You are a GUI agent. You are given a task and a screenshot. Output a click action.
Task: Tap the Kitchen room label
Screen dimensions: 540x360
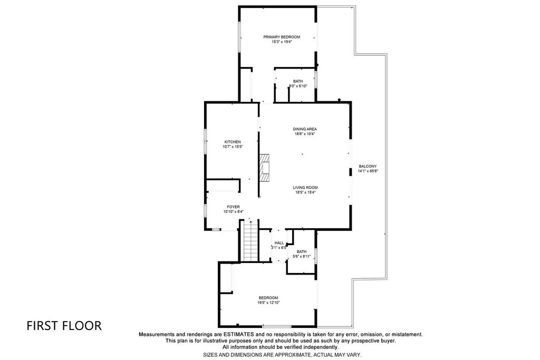pos(233,142)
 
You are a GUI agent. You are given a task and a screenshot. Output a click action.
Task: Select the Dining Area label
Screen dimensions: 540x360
pos(305,129)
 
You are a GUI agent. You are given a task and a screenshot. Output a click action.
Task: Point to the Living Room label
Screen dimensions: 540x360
pos(305,188)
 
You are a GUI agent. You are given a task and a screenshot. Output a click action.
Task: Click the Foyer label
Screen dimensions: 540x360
pos(233,207)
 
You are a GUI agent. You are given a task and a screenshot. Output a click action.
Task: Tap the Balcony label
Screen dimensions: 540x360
pos(368,166)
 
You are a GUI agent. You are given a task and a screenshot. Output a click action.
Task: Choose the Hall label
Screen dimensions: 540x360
pos(279,243)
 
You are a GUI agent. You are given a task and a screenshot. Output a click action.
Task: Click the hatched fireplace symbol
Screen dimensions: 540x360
pos(264,168)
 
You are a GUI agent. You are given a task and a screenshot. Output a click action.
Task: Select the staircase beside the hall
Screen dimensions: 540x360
pos(251,240)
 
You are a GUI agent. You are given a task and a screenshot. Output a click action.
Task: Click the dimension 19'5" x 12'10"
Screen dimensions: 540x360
pos(268,303)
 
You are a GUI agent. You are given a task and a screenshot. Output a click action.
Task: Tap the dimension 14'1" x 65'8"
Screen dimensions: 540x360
pos(368,171)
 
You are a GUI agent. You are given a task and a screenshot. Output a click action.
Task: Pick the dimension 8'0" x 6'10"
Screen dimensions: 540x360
pos(298,86)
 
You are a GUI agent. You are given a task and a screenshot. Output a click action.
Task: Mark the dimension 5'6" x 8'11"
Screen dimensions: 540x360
pos(302,256)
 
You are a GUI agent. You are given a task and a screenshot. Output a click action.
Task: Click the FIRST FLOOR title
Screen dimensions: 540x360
pos(64,326)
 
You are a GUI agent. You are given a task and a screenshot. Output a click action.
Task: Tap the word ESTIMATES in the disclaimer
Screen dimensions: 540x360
pos(239,334)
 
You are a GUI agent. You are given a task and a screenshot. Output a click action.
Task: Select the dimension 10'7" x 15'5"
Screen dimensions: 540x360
pos(233,147)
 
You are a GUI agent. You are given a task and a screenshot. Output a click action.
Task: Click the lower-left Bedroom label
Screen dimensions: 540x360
pos(268,298)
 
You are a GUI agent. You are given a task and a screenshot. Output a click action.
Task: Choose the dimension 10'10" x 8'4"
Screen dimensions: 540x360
pos(234,212)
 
